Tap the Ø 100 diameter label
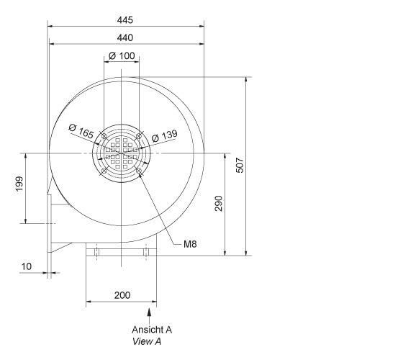coord(122,55)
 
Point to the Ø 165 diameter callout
coord(82,131)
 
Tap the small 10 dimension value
coord(26,266)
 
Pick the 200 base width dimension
coord(122,295)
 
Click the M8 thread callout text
coord(190,244)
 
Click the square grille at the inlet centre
coord(122,153)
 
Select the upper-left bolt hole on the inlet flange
coord(104,136)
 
